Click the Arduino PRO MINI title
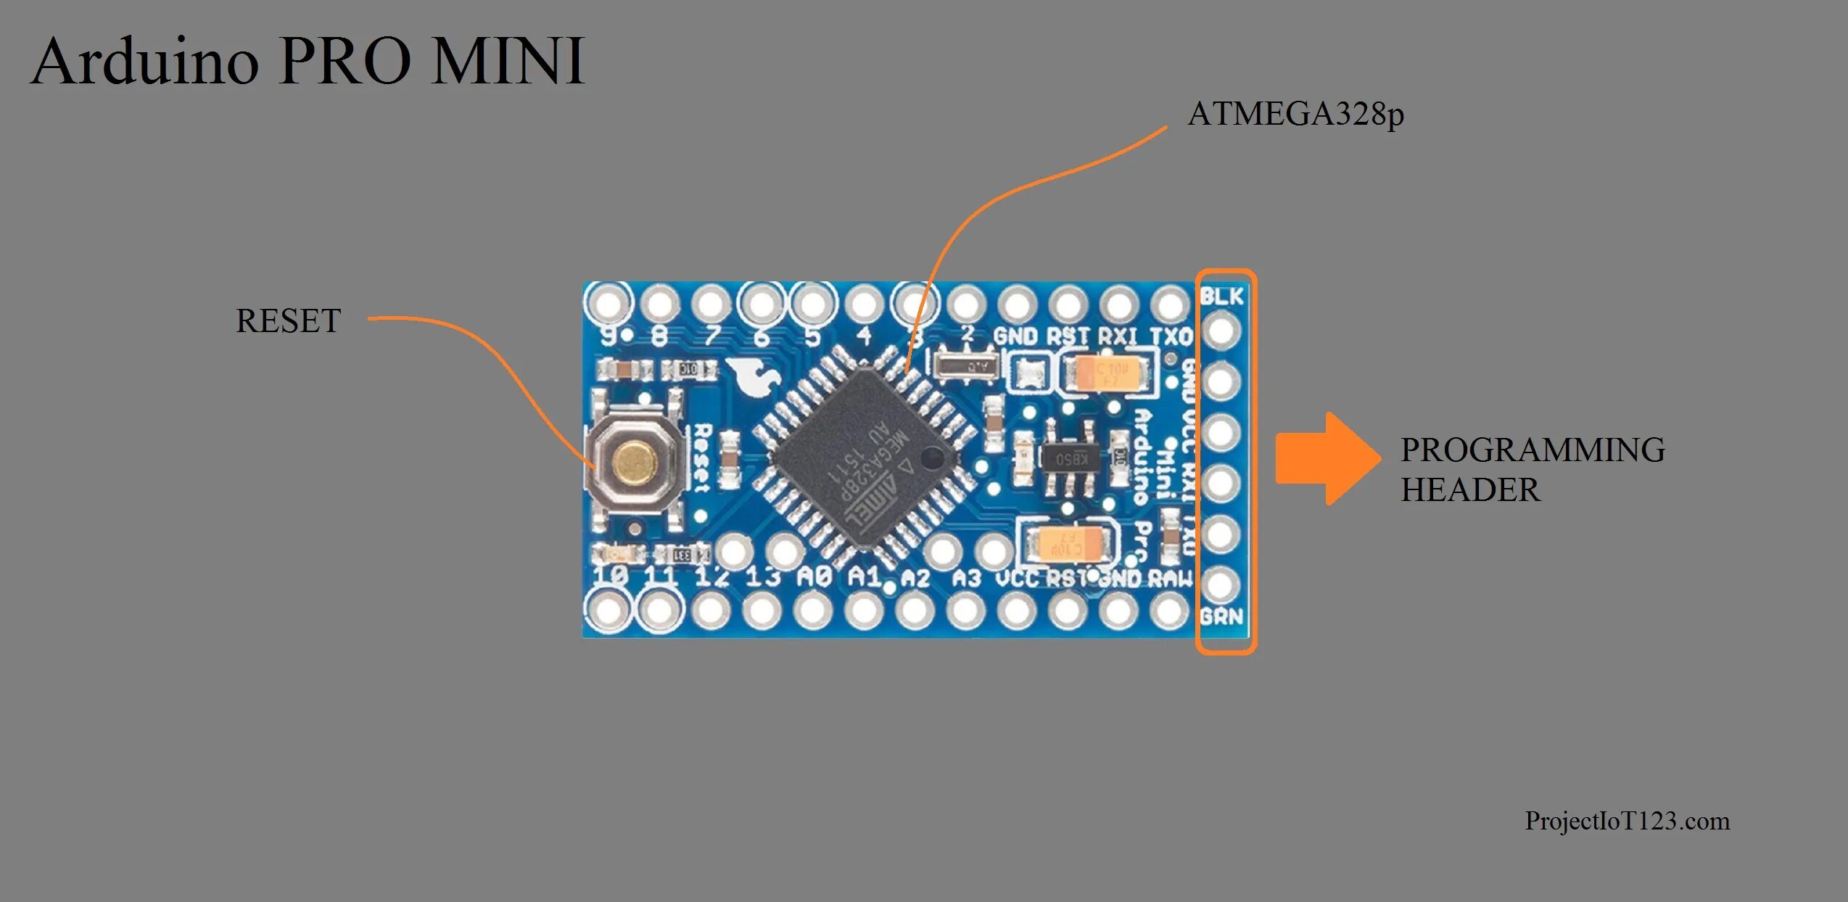[308, 61]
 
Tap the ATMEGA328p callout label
[1295, 115]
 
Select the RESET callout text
[288, 320]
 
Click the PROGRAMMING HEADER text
[1532, 469]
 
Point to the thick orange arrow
[1327, 458]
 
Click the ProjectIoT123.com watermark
[1627, 821]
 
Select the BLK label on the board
[1221, 296]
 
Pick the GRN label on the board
[1221, 617]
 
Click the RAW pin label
[1169, 578]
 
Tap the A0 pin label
[813, 577]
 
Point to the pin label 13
[762, 577]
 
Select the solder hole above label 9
[609, 303]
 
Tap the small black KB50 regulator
[1071, 458]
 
